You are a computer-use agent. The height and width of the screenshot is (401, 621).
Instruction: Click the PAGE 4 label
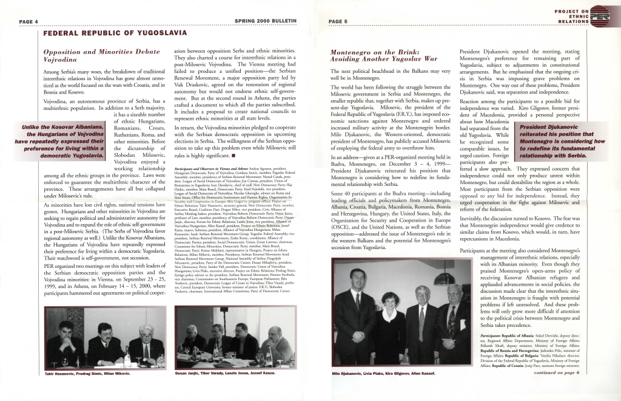coord(29,21)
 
